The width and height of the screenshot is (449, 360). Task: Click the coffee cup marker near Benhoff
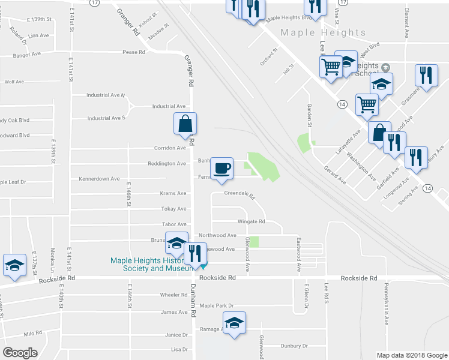coord(222,167)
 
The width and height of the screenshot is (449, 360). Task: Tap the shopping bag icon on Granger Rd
coord(185,123)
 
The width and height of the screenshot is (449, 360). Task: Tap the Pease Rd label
coord(134,52)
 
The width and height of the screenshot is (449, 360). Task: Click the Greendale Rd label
coord(240,194)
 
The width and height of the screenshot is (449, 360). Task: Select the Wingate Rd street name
coord(252,221)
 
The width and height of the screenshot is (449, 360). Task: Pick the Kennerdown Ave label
coord(99,179)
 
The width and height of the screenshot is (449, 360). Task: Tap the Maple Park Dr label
coord(216,306)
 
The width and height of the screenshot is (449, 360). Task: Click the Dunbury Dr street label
coord(294,346)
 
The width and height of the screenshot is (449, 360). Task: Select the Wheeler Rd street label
coord(174,295)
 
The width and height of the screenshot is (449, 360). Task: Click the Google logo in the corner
coord(20,352)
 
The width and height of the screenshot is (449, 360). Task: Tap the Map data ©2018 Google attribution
coord(411,355)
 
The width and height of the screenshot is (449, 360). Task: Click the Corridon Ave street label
coord(170,148)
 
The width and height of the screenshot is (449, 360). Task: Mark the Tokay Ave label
coord(173,209)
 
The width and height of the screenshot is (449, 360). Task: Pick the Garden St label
coord(310,113)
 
